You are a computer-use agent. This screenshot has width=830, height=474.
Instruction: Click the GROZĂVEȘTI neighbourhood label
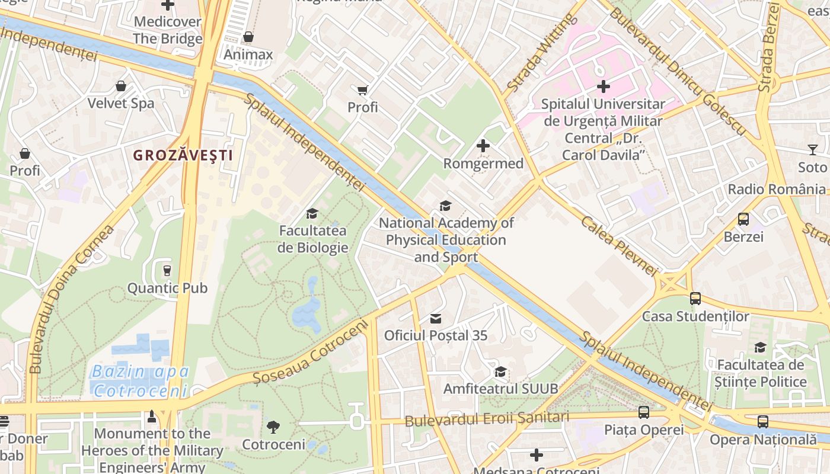point(183,156)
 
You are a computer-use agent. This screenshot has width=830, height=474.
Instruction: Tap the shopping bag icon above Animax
point(248,37)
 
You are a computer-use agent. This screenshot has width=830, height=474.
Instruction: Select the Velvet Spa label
point(121,103)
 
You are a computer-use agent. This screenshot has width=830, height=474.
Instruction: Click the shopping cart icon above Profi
point(362,90)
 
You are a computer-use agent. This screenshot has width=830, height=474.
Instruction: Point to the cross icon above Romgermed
point(483,145)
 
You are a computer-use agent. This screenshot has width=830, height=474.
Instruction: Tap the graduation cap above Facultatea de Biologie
point(312,213)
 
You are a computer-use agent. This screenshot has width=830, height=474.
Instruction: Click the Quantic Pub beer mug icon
point(167,271)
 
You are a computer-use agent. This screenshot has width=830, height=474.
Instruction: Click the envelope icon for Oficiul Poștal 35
point(436,319)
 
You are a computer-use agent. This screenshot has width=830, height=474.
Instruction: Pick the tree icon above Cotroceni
point(273,427)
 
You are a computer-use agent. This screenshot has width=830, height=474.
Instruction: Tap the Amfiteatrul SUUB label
point(501,389)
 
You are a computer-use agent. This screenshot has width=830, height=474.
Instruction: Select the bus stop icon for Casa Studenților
point(695,299)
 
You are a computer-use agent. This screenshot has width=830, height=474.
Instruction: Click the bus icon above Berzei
point(743,219)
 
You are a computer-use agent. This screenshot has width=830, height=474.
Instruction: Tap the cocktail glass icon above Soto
point(812,150)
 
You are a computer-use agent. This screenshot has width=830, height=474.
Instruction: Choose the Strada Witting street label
point(541,54)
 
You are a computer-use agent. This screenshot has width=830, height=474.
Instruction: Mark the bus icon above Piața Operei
point(644,412)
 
